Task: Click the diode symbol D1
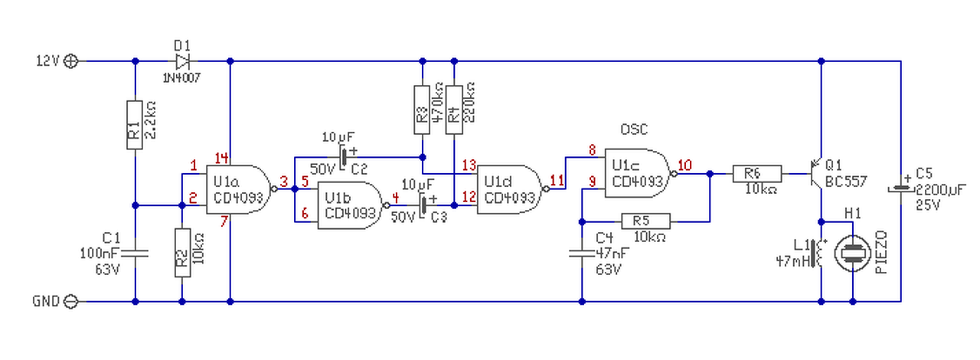(182, 61)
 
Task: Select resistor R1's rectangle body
(135, 125)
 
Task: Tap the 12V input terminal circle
(71, 61)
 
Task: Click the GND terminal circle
(71, 301)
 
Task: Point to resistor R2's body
(182, 253)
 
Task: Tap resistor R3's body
(422, 110)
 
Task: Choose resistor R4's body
(454, 110)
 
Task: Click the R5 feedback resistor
(645, 221)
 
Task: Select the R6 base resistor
(757, 173)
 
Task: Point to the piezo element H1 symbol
(853, 253)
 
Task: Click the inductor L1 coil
(818, 253)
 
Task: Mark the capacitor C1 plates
(135, 253)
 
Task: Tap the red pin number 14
(221, 158)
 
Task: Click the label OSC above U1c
(634, 129)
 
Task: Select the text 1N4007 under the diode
(181, 78)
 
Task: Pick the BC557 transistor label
(846, 182)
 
